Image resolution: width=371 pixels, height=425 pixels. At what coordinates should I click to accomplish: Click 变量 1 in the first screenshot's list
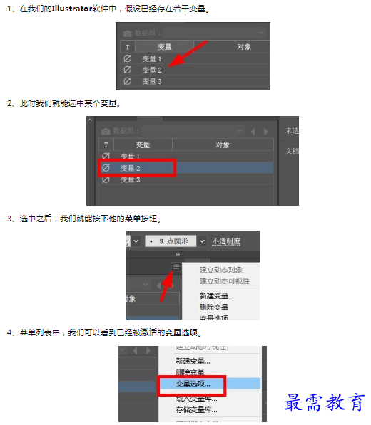(151, 58)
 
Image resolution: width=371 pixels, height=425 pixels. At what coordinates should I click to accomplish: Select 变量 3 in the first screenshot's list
(151, 82)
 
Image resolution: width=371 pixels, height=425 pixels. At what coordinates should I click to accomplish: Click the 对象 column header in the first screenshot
(243, 46)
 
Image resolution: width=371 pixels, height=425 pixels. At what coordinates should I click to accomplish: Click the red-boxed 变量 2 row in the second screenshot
(136, 168)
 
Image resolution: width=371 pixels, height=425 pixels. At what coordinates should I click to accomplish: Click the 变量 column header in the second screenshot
(143, 145)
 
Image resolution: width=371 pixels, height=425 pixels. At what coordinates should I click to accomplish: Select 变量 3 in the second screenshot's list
(129, 180)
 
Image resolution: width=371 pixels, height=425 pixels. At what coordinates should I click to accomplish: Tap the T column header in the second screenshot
(105, 145)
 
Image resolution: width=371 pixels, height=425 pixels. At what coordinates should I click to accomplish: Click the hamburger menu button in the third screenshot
(176, 266)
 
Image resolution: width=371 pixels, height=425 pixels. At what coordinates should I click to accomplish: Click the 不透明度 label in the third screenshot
(226, 241)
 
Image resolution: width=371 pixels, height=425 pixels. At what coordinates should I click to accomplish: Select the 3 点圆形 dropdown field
(171, 241)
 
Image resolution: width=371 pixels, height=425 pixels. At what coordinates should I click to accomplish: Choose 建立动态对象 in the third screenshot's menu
(220, 270)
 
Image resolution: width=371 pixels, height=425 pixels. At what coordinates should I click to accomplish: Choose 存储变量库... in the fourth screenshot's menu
(196, 409)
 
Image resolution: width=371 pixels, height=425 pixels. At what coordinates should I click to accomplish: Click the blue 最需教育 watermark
(325, 402)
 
